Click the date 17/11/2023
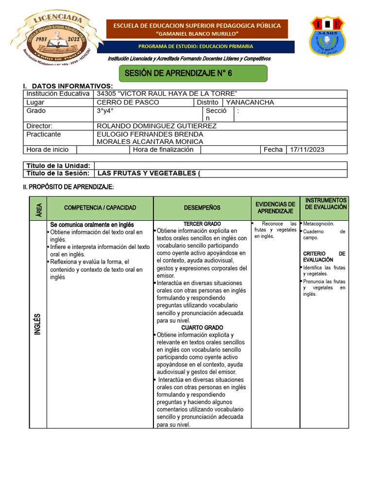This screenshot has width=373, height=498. click(x=307, y=150)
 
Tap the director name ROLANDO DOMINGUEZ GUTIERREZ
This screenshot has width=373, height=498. click(x=156, y=126)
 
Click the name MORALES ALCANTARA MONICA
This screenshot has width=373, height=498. click(x=150, y=142)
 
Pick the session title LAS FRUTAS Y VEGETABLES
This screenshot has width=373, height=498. click(x=149, y=173)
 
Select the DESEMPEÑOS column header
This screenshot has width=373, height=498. click(x=202, y=208)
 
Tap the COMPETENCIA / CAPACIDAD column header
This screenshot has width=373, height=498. click(x=100, y=208)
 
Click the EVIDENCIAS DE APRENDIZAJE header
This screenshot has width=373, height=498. click(x=275, y=208)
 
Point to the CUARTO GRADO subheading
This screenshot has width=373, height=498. click(x=202, y=328)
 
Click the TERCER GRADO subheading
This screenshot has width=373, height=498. click(x=202, y=224)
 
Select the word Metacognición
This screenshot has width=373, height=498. click(x=319, y=224)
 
